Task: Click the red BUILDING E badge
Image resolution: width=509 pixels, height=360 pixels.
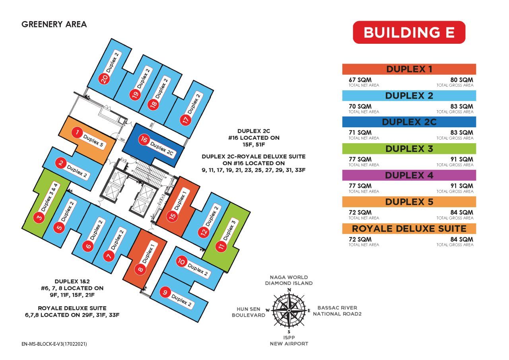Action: click(x=409, y=32)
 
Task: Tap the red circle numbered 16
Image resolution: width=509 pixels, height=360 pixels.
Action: click(x=144, y=139)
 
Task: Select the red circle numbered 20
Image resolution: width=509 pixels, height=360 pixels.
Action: click(x=104, y=79)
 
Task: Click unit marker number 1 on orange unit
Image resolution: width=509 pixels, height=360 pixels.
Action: click(x=77, y=132)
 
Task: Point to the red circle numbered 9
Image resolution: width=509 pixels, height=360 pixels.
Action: click(x=165, y=292)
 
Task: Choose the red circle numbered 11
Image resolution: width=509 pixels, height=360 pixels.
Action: click(x=221, y=246)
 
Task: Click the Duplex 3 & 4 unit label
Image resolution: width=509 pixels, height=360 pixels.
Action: click(x=49, y=197)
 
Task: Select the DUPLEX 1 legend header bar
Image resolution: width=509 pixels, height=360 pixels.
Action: click(x=409, y=69)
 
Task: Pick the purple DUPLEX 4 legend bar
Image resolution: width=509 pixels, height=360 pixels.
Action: click(x=409, y=175)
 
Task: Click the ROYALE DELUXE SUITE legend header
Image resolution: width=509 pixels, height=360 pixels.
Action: click(x=409, y=228)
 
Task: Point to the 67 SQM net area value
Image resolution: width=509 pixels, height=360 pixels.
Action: click(x=360, y=80)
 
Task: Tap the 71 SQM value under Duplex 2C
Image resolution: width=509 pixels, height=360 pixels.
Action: click(x=360, y=133)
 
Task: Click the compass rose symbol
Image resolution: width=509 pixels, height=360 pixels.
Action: click(x=289, y=310)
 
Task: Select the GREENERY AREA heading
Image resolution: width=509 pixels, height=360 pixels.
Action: click(x=54, y=24)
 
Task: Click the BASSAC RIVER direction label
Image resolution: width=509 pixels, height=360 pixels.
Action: click(x=337, y=308)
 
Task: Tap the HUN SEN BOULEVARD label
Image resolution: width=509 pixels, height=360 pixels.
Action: click(x=249, y=312)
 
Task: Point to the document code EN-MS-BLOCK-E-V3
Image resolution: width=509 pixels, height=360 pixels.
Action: click(x=54, y=344)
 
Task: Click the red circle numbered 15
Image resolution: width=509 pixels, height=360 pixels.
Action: click(x=173, y=216)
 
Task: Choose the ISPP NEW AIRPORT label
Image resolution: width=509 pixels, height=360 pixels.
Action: click(x=289, y=341)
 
